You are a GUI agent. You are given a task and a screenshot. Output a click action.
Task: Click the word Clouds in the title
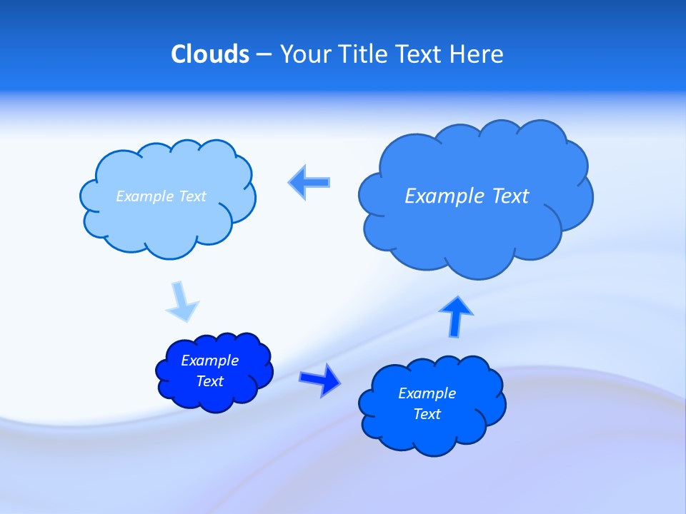point(210,54)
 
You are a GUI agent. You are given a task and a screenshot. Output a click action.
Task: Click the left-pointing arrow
point(309,182)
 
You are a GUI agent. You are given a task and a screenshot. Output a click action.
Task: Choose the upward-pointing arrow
point(456,315)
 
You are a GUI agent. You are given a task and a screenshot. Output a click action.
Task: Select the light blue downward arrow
point(182,301)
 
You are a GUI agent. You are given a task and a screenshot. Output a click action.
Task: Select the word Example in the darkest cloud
point(210,361)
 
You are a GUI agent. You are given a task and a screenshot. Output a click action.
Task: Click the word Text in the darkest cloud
point(210,381)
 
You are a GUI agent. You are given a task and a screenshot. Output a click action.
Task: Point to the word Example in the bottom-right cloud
point(427,393)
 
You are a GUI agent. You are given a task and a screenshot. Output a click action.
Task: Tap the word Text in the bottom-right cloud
point(427,414)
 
